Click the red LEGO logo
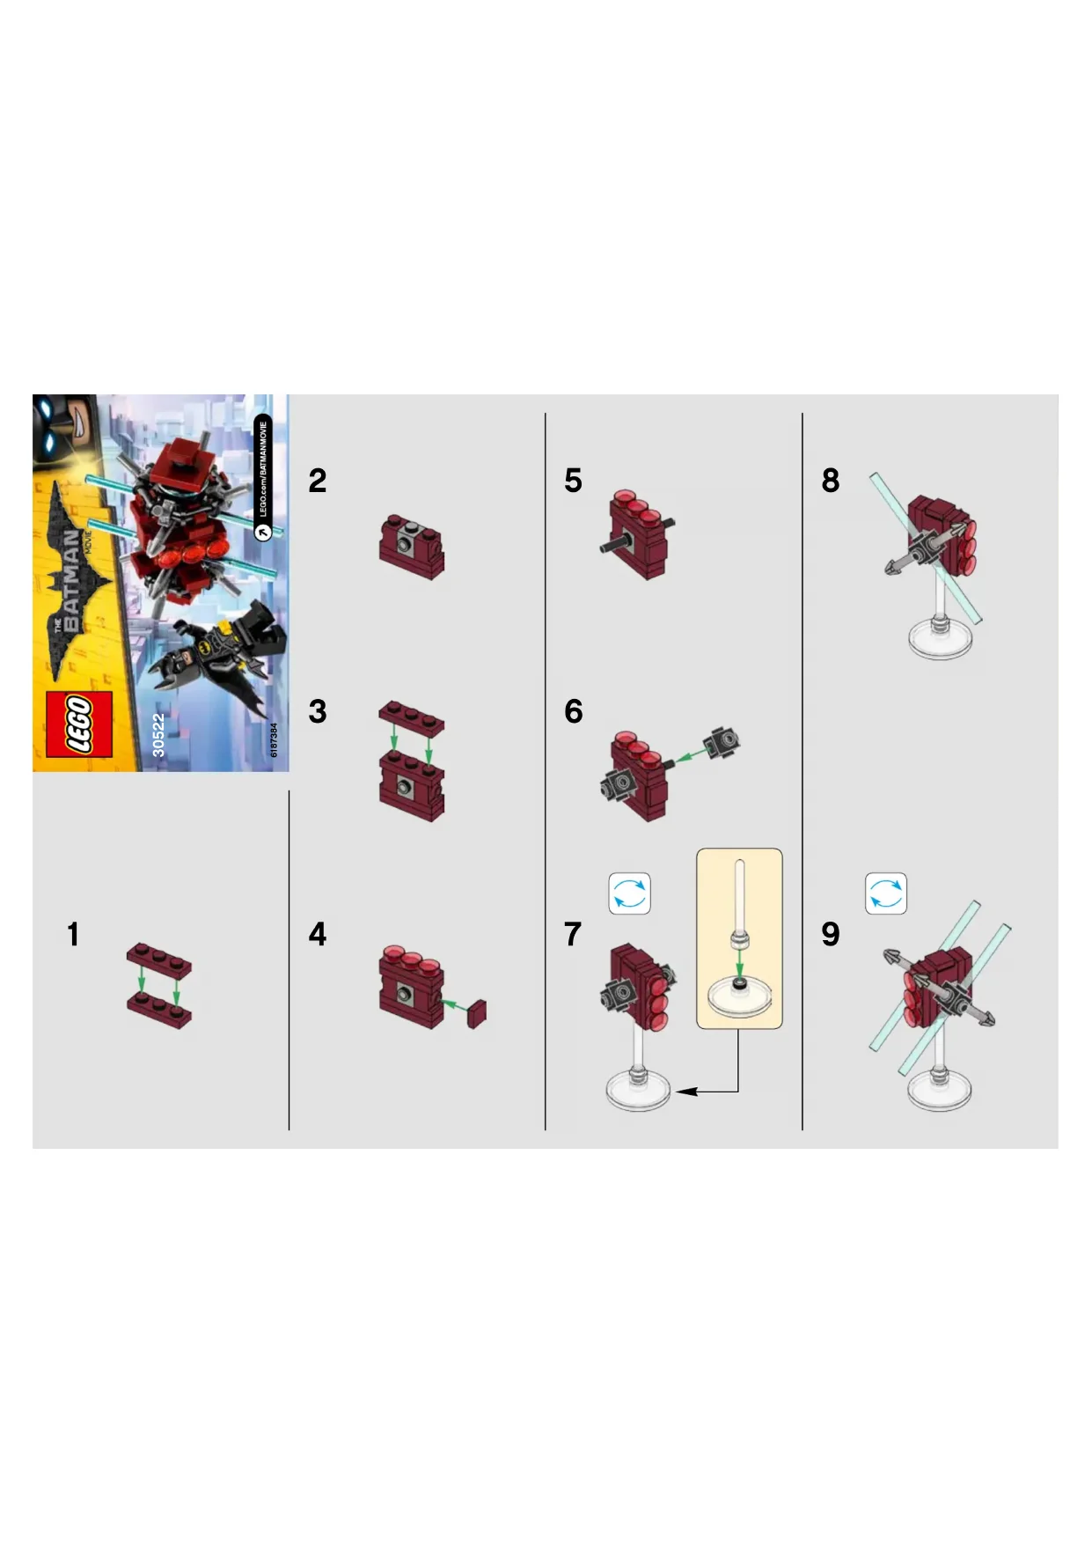tap(79, 724)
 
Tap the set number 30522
tap(158, 735)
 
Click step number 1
tap(73, 934)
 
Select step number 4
tap(318, 934)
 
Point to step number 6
tap(574, 711)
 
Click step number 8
tap(831, 481)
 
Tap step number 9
tap(831, 934)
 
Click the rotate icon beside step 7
tap(630, 893)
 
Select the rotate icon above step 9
tap(886, 893)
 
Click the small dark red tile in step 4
tap(478, 1014)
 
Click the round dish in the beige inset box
tap(739, 996)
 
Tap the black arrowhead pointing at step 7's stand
tap(685, 1092)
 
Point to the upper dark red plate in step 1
tap(158, 960)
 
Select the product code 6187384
tap(274, 740)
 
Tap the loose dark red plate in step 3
tap(412, 718)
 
